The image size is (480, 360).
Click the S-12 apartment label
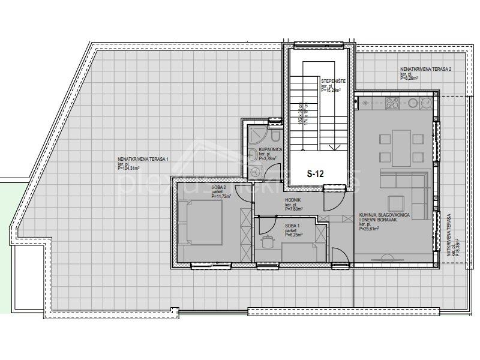(x=315, y=174)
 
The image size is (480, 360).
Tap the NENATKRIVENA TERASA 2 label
(x=426, y=70)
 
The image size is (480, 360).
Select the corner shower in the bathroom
(x=256, y=134)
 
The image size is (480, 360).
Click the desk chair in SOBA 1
(x=268, y=242)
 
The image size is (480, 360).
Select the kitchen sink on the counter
(x=367, y=103)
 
